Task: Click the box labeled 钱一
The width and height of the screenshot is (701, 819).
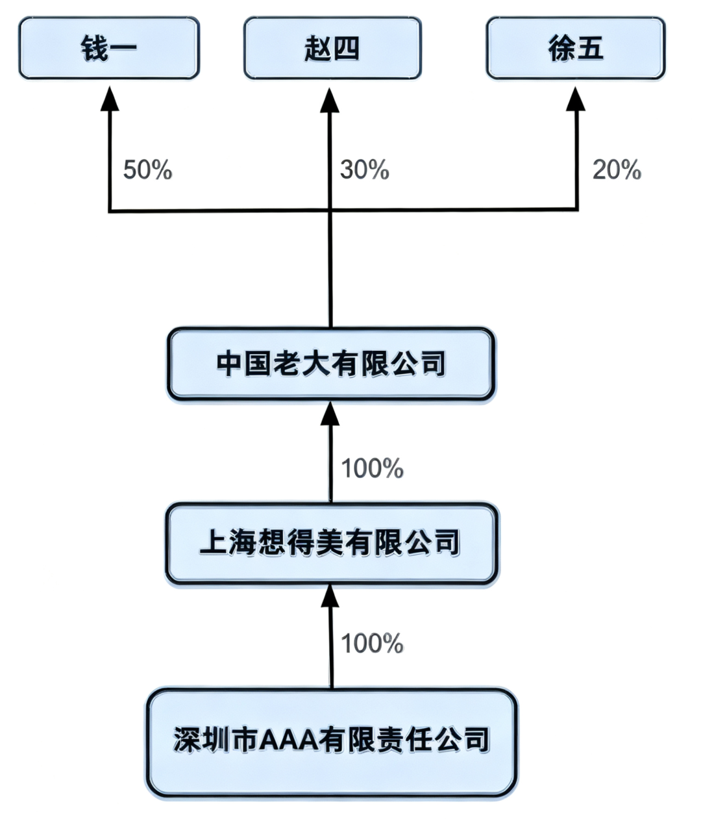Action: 109,48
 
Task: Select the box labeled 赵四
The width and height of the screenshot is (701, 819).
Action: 332,48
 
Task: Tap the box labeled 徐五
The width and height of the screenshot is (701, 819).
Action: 576,48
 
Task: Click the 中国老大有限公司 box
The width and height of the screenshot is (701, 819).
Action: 331,364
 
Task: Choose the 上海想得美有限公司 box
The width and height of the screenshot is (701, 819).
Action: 331,543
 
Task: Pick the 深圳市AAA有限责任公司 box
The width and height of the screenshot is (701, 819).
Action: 331,742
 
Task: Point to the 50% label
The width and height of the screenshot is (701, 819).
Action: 147,170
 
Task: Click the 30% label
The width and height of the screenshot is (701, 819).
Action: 364,170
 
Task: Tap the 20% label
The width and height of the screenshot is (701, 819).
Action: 617,170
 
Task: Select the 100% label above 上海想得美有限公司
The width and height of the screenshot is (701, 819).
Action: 372,468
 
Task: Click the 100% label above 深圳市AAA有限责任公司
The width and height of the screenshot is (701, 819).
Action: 372,644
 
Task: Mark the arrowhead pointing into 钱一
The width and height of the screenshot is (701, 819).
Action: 110,99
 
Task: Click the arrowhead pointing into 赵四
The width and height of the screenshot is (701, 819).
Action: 330,100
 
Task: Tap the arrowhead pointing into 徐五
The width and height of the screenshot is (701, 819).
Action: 576,99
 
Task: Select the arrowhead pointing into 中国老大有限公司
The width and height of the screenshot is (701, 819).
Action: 330,414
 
